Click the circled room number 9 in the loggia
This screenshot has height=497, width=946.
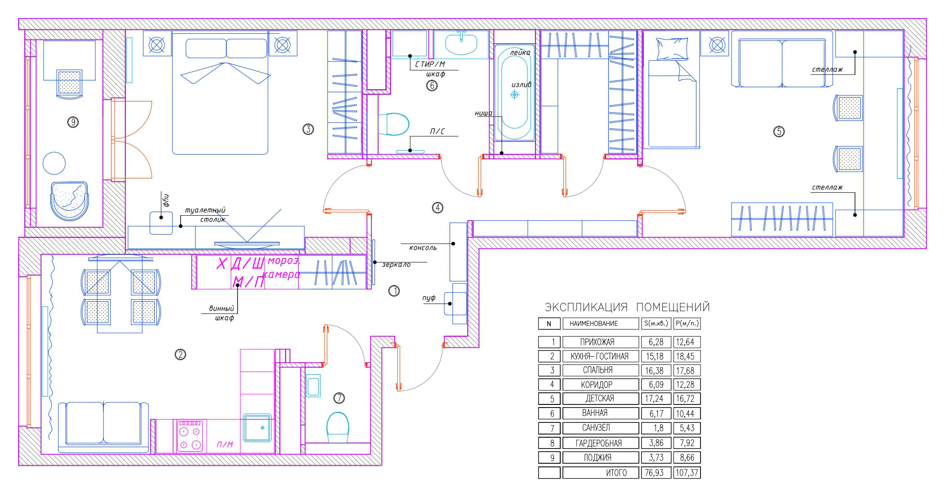tap(73, 122)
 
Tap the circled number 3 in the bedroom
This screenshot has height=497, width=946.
tap(308, 129)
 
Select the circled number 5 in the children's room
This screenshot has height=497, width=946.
tap(779, 132)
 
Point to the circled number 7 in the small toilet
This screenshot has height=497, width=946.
tap(339, 398)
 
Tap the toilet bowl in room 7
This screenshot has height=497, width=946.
tap(338, 427)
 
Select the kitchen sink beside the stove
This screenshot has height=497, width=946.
tap(258, 428)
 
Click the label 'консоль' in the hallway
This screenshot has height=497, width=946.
tap(423, 248)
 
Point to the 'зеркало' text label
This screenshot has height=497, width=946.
tap(396, 265)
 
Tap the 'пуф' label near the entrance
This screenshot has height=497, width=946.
tap(429, 298)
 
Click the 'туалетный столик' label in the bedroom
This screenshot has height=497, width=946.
tap(205, 215)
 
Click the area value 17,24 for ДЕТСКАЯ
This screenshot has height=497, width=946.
tap(656, 399)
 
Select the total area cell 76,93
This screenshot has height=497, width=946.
tap(656, 473)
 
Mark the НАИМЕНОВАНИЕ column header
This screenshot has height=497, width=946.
tap(600, 324)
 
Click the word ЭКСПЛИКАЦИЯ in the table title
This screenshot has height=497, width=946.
tap(586, 307)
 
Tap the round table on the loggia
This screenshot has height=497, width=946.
tap(54, 163)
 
